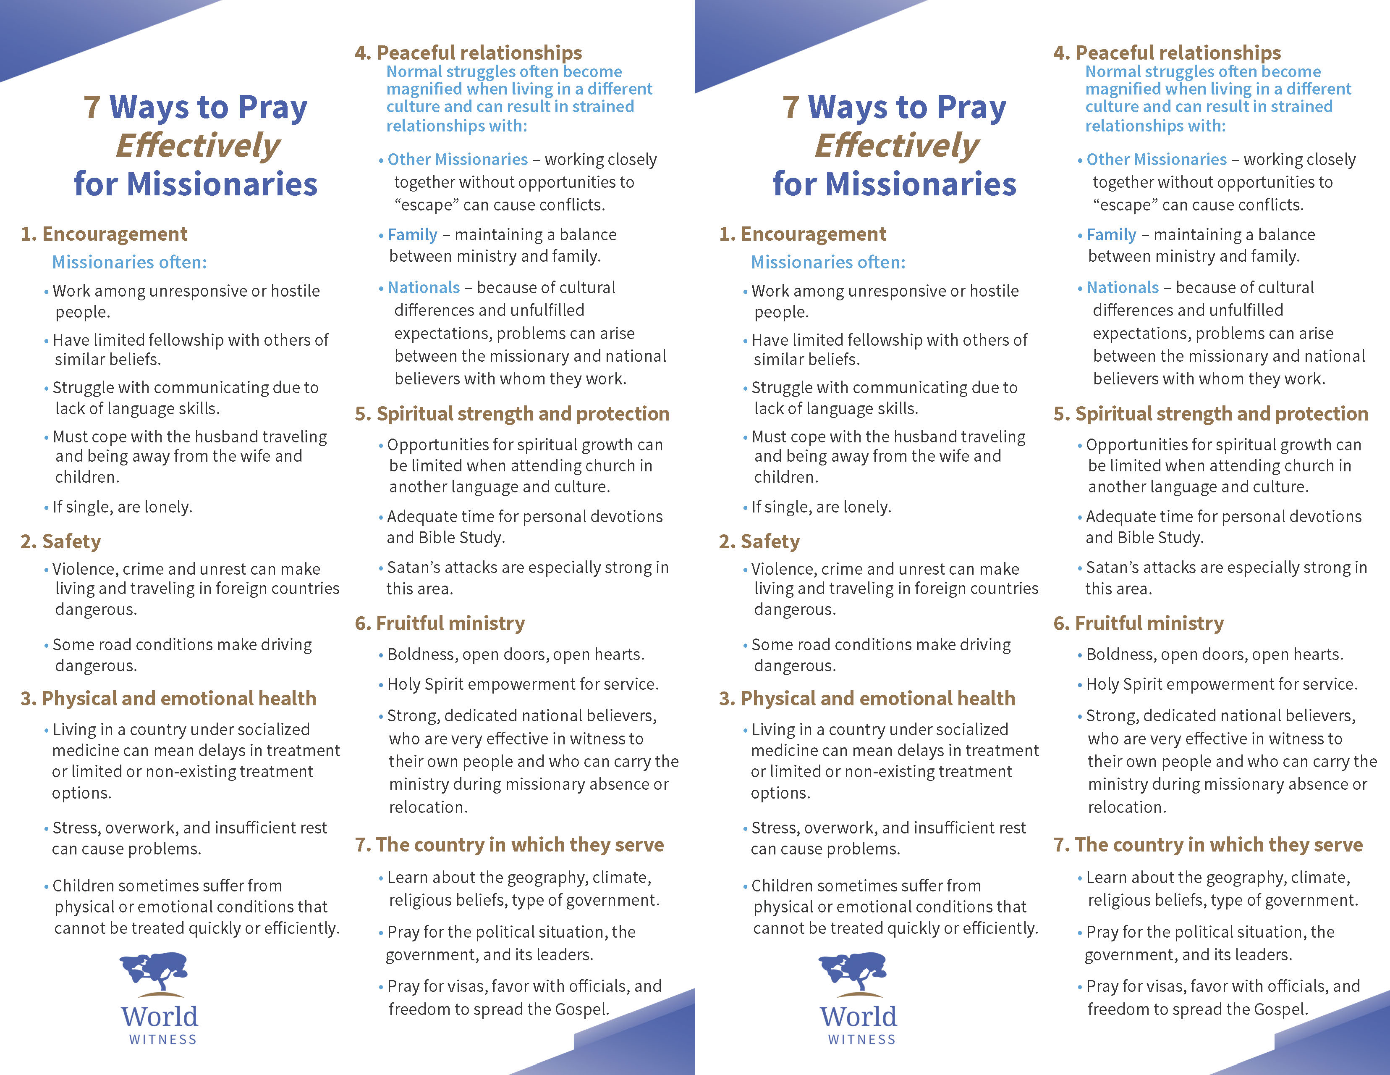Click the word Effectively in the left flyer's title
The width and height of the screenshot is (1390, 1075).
[x=198, y=146]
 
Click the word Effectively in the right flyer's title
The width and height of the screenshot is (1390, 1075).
[x=897, y=146]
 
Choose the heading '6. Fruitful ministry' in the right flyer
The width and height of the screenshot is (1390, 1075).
[x=1139, y=623]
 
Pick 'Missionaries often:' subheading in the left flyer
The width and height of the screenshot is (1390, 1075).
[x=129, y=263]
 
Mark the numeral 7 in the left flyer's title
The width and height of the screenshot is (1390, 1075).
[x=92, y=107]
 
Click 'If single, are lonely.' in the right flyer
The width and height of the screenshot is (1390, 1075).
[x=821, y=507]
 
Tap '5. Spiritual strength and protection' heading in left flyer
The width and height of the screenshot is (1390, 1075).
[x=512, y=414]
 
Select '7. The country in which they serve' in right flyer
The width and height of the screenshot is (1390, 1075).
[x=1208, y=845]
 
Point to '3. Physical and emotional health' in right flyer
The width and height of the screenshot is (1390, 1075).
[x=867, y=699]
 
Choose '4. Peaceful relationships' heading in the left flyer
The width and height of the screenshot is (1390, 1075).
[x=469, y=53]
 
